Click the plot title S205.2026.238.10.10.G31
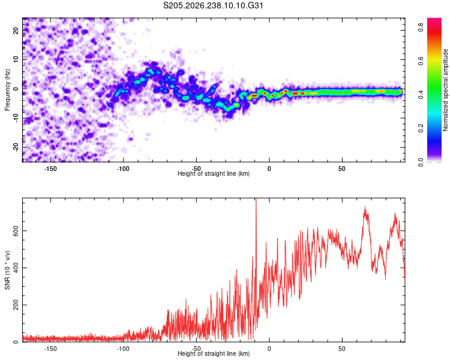tap(213, 5)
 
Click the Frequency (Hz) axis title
tap(7, 90)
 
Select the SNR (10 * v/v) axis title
tap(7, 270)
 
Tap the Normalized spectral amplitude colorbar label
tap(445, 90)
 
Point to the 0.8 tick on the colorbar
tap(421, 27)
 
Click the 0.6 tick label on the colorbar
tap(421, 61)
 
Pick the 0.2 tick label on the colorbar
tap(421, 128)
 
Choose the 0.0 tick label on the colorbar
tap(421, 162)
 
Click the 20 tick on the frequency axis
tap(16, 31)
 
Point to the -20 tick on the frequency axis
tap(16, 147)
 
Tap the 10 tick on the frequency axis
tap(16, 59)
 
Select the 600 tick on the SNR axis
tap(16, 231)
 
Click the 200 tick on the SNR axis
tap(16, 305)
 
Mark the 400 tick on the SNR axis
tap(16, 268)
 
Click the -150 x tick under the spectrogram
tap(50, 169)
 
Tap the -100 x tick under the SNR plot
tap(124, 349)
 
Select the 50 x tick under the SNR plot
tap(342, 349)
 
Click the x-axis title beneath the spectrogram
tap(214, 173)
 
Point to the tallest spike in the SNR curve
tap(256, 199)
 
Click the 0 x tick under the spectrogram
tap(269, 169)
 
